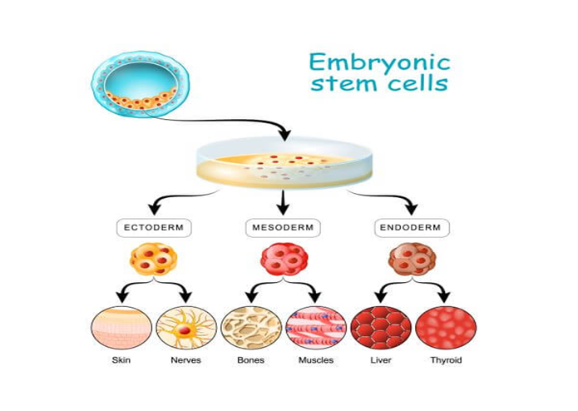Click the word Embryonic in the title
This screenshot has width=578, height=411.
pyautogui.click(x=379, y=63)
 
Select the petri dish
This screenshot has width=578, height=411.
pyautogui.click(x=284, y=161)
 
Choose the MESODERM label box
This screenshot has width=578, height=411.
pyautogui.click(x=284, y=226)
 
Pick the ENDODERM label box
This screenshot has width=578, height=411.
pyautogui.click(x=413, y=226)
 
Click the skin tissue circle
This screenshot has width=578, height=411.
pyautogui.click(x=121, y=327)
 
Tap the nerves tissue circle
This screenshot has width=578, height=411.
pyautogui.click(x=186, y=327)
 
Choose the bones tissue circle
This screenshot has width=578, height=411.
pyautogui.click(x=251, y=327)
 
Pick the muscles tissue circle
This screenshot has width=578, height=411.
pyautogui.click(x=316, y=327)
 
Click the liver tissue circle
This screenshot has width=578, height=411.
pyautogui.click(x=380, y=327)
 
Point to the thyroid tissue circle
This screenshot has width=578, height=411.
pyautogui.click(x=445, y=327)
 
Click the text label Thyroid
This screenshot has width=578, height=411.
pyautogui.click(x=445, y=360)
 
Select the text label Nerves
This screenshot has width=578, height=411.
pyautogui.click(x=186, y=360)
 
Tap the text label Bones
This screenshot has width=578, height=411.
pyautogui.click(x=251, y=360)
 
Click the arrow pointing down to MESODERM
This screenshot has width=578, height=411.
pyautogui.click(x=284, y=201)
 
